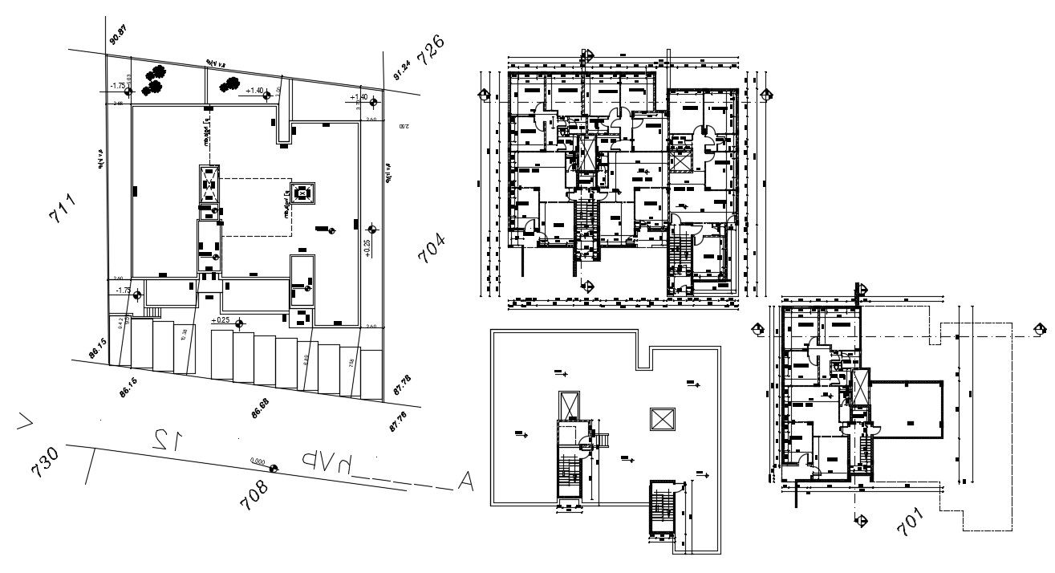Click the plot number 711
pos(62,208)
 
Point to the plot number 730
pos(45,462)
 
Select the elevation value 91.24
pos(401,71)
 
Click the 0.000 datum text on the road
pos(258,461)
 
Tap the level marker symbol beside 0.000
pos(274,469)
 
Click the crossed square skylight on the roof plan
pos(663,418)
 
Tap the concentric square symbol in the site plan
pos(303,193)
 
